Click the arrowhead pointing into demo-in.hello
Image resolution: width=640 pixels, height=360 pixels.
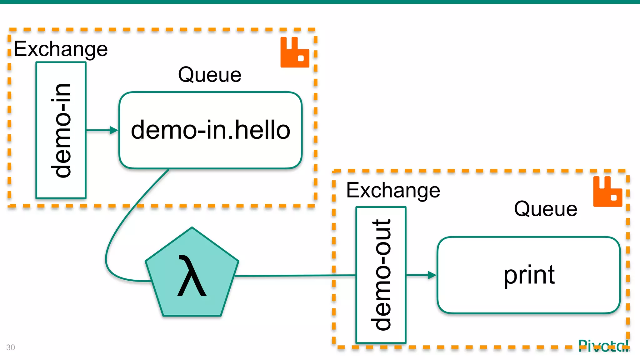[x=114, y=130]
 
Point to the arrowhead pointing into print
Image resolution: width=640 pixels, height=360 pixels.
[x=432, y=275]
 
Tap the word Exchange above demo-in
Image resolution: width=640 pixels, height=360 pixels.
[x=61, y=49]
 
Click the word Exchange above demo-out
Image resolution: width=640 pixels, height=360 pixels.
[x=393, y=190]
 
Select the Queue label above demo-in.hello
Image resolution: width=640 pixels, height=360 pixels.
[x=210, y=75]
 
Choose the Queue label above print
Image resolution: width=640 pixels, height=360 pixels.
[x=546, y=209]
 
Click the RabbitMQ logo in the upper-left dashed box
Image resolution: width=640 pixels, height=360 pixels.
[x=294, y=52]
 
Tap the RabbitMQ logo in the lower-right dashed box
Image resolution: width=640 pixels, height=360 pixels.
[x=607, y=192]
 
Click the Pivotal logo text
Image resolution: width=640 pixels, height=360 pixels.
[x=603, y=346]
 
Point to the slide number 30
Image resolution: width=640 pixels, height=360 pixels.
[x=11, y=347]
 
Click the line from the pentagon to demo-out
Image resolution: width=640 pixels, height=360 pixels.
[x=294, y=276]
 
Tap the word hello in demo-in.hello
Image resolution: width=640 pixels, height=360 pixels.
[x=262, y=130]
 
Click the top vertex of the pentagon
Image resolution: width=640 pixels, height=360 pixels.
[x=192, y=228]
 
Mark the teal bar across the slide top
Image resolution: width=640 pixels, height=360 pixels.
[x=320, y=2]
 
